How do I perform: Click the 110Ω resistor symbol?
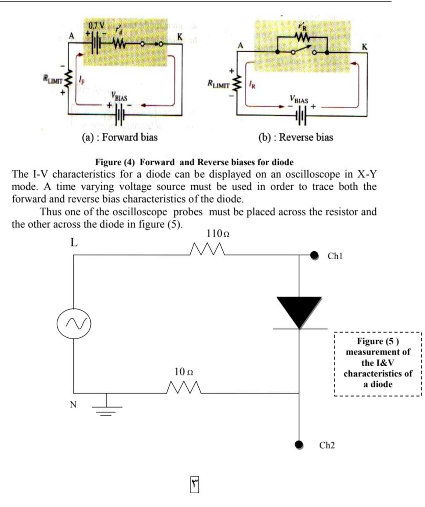tap(208, 250)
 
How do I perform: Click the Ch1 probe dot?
tap(314, 255)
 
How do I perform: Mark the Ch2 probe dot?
tap(300, 444)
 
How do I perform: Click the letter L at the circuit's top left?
tap(74, 242)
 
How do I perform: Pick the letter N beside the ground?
tap(73, 404)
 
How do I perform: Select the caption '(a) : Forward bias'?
tap(120, 137)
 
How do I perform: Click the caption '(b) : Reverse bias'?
tap(296, 137)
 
